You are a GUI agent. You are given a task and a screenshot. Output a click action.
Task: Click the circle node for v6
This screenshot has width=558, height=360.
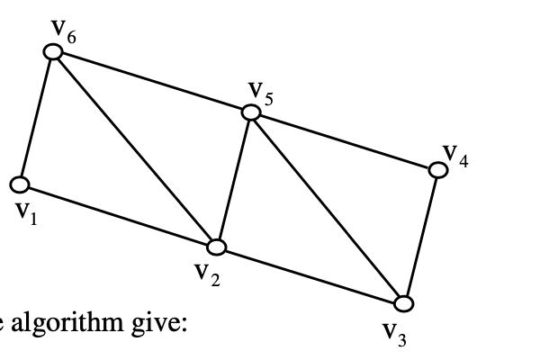(54, 52)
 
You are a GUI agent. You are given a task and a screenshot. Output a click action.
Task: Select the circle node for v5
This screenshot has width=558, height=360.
(251, 112)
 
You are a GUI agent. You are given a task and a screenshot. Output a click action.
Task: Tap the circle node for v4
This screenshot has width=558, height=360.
(438, 168)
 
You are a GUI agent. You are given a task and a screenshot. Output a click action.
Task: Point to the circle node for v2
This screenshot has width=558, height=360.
(216, 246)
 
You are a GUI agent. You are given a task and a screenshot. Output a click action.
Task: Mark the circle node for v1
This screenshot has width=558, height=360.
(20, 185)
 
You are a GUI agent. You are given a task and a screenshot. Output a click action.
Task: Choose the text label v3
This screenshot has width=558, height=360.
(389, 335)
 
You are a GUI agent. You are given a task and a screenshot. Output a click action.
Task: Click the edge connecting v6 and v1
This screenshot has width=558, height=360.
(37, 119)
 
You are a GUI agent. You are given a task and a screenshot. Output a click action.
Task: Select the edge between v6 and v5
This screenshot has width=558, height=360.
(153, 82)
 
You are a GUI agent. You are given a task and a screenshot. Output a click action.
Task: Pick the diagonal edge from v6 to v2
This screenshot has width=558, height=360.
(135, 148)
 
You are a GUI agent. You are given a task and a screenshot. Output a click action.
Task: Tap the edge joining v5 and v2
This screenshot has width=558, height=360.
(234, 178)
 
